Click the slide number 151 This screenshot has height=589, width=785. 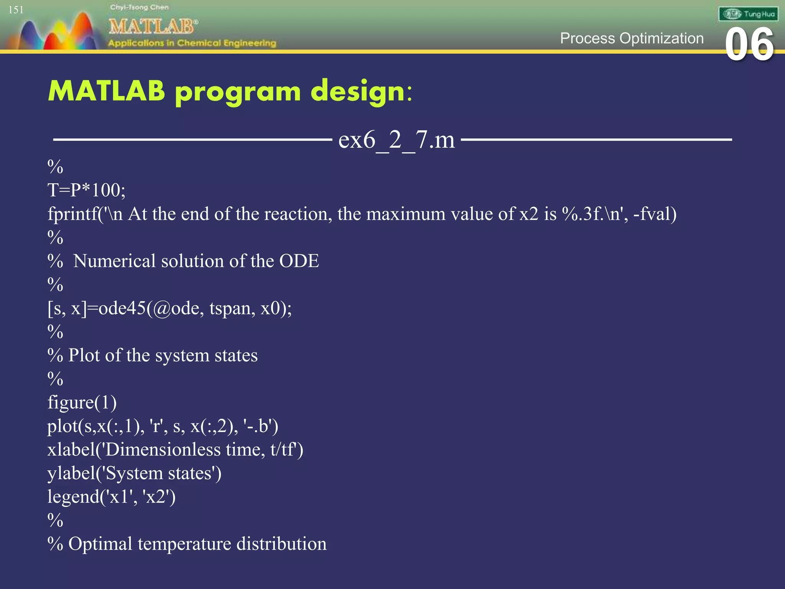coord(16,10)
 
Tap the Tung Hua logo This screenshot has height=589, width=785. coord(748,14)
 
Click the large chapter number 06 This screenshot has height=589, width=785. coord(749,45)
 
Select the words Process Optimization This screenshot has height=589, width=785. coord(631,38)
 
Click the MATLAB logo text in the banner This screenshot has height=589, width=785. coord(153,27)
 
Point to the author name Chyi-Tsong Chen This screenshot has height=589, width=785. coord(139,7)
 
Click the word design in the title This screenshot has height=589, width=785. coord(358,92)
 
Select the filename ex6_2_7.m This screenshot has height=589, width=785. coord(396,140)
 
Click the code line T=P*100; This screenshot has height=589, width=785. coord(86,190)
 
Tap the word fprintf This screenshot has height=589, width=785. coord(72,214)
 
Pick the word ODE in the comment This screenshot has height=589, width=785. coord(299,261)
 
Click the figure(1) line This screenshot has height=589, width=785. coord(82,403)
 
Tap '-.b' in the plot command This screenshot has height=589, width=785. coord(258,426)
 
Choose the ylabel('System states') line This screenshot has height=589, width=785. coord(134,474)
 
